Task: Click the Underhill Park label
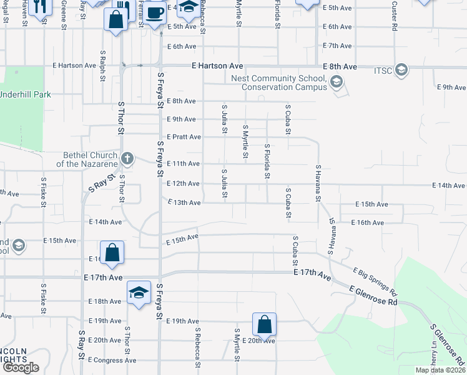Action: (26, 94)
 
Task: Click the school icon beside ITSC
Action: (401, 69)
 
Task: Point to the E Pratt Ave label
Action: (184, 137)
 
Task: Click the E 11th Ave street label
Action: (184, 164)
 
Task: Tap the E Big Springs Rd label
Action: (375, 281)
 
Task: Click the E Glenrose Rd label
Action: (373, 296)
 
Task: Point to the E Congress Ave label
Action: (112, 360)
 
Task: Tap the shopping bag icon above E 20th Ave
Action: (264, 324)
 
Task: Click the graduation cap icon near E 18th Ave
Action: (139, 292)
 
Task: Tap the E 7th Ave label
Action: (338, 46)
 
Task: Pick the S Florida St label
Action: (267, 161)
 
